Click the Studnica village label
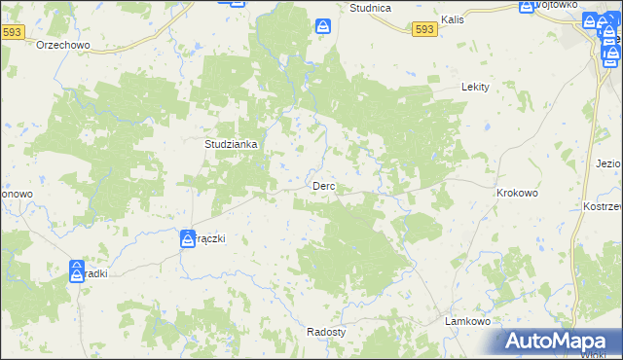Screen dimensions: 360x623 point(370,8)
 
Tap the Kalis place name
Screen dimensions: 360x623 point(452,19)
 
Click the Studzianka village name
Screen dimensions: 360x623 point(231,144)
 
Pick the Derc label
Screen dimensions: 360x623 point(324,186)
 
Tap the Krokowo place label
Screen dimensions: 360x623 point(517,194)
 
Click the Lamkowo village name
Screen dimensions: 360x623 point(465,321)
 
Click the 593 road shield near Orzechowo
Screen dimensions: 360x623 point(12,32)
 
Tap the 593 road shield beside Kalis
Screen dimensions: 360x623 point(423,30)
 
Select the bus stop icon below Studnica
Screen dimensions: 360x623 point(322,28)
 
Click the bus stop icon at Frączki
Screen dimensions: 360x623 point(187,238)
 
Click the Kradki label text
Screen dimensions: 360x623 point(95,273)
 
